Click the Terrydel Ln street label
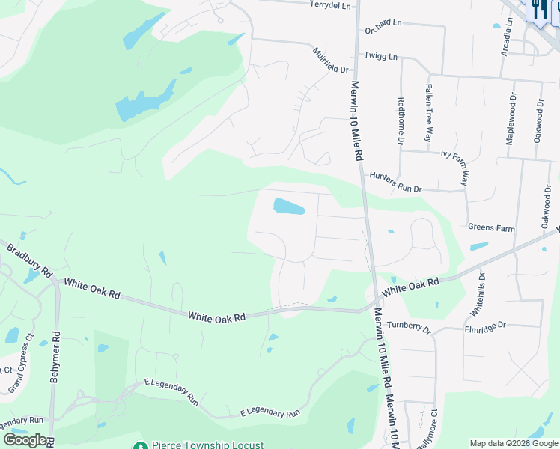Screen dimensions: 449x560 [329, 5]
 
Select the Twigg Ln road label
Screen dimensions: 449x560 [380, 55]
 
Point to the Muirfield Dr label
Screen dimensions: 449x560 [331, 60]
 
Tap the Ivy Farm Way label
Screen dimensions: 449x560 [465, 167]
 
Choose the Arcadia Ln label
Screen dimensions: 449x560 [509, 36]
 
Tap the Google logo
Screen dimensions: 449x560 [25, 440]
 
